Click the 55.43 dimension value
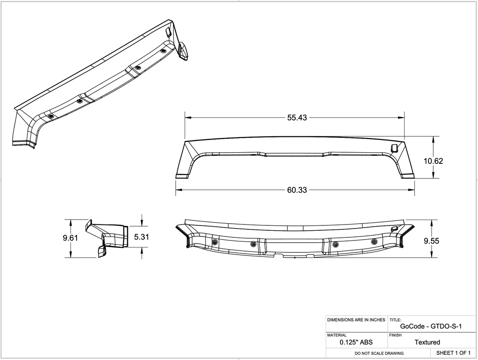point(297,118)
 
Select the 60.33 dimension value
point(297,190)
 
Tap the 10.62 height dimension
point(433,161)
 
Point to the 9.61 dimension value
point(70,238)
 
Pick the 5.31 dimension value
point(142,237)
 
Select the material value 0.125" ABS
point(356,342)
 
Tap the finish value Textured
point(427,342)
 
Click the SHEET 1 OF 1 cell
point(453,353)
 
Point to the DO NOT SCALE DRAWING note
point(379,353)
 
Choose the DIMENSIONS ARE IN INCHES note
point(356,320)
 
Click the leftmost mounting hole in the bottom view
point(215,242)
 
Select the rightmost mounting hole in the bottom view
point(374,241)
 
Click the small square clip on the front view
point(394,148)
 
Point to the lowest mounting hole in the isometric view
point(50,116)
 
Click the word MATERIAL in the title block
point(337,336)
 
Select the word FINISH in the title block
point(396,336)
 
